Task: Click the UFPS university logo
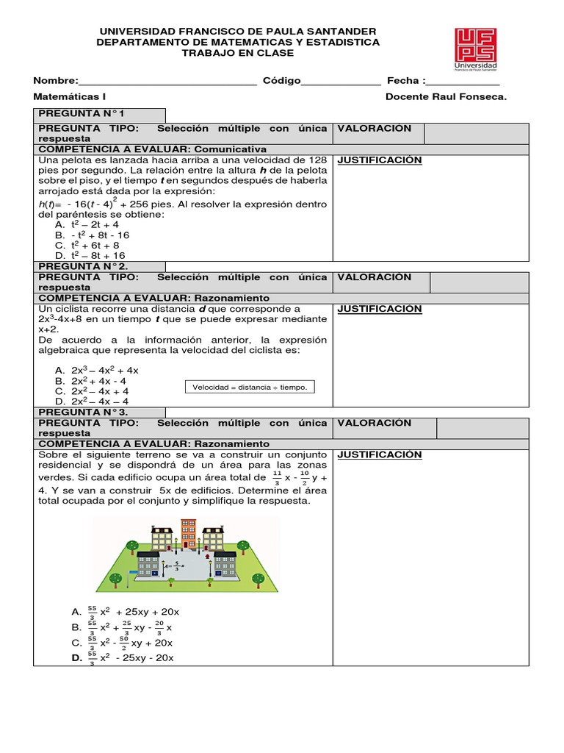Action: (475, 49)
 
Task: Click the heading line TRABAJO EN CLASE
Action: (237, 53)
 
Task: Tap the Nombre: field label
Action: (55, 81)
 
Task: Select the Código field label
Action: (281, 81)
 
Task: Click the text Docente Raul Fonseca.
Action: (446, 96)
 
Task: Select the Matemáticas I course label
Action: (70, 96)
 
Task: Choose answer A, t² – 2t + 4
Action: (87, 224)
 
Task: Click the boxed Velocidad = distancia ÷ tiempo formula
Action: (249, 387)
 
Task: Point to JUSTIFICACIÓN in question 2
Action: (379, 309)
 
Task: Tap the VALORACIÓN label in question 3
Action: (374, 423)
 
